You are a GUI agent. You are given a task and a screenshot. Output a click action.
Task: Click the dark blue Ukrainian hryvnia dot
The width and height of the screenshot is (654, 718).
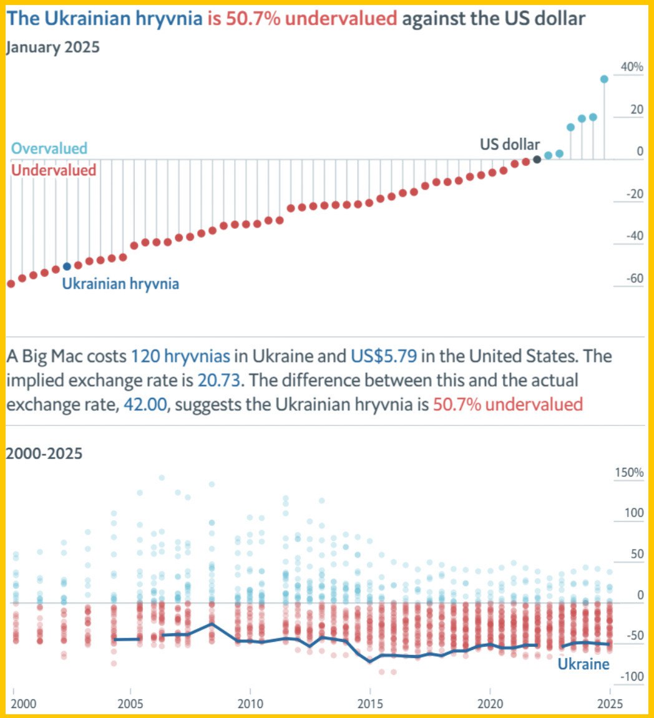tap(67, 266)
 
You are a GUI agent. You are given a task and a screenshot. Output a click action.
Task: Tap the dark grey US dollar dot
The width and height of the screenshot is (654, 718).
tap(537, 159)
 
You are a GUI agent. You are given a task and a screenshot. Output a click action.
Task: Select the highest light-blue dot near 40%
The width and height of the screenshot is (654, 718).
tap(604, 79)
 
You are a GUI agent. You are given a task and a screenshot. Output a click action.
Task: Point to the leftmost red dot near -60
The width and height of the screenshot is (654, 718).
tap(11, 284)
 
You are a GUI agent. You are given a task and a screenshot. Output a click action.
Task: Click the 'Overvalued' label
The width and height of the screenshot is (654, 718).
tap(49, 148)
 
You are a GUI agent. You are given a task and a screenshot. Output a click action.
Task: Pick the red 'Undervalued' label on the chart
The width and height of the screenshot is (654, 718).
tap(54, 170)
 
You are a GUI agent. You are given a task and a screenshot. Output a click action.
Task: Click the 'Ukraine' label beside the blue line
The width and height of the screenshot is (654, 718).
tap(583, 664)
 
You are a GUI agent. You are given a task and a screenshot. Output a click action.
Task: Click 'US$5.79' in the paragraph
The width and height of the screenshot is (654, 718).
tap(382, 356)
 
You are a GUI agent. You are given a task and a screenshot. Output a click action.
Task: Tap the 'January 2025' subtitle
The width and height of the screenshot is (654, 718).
tap(52, 47)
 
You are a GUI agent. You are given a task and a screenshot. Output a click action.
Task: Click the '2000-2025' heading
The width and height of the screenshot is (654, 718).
tap(44, 454)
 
